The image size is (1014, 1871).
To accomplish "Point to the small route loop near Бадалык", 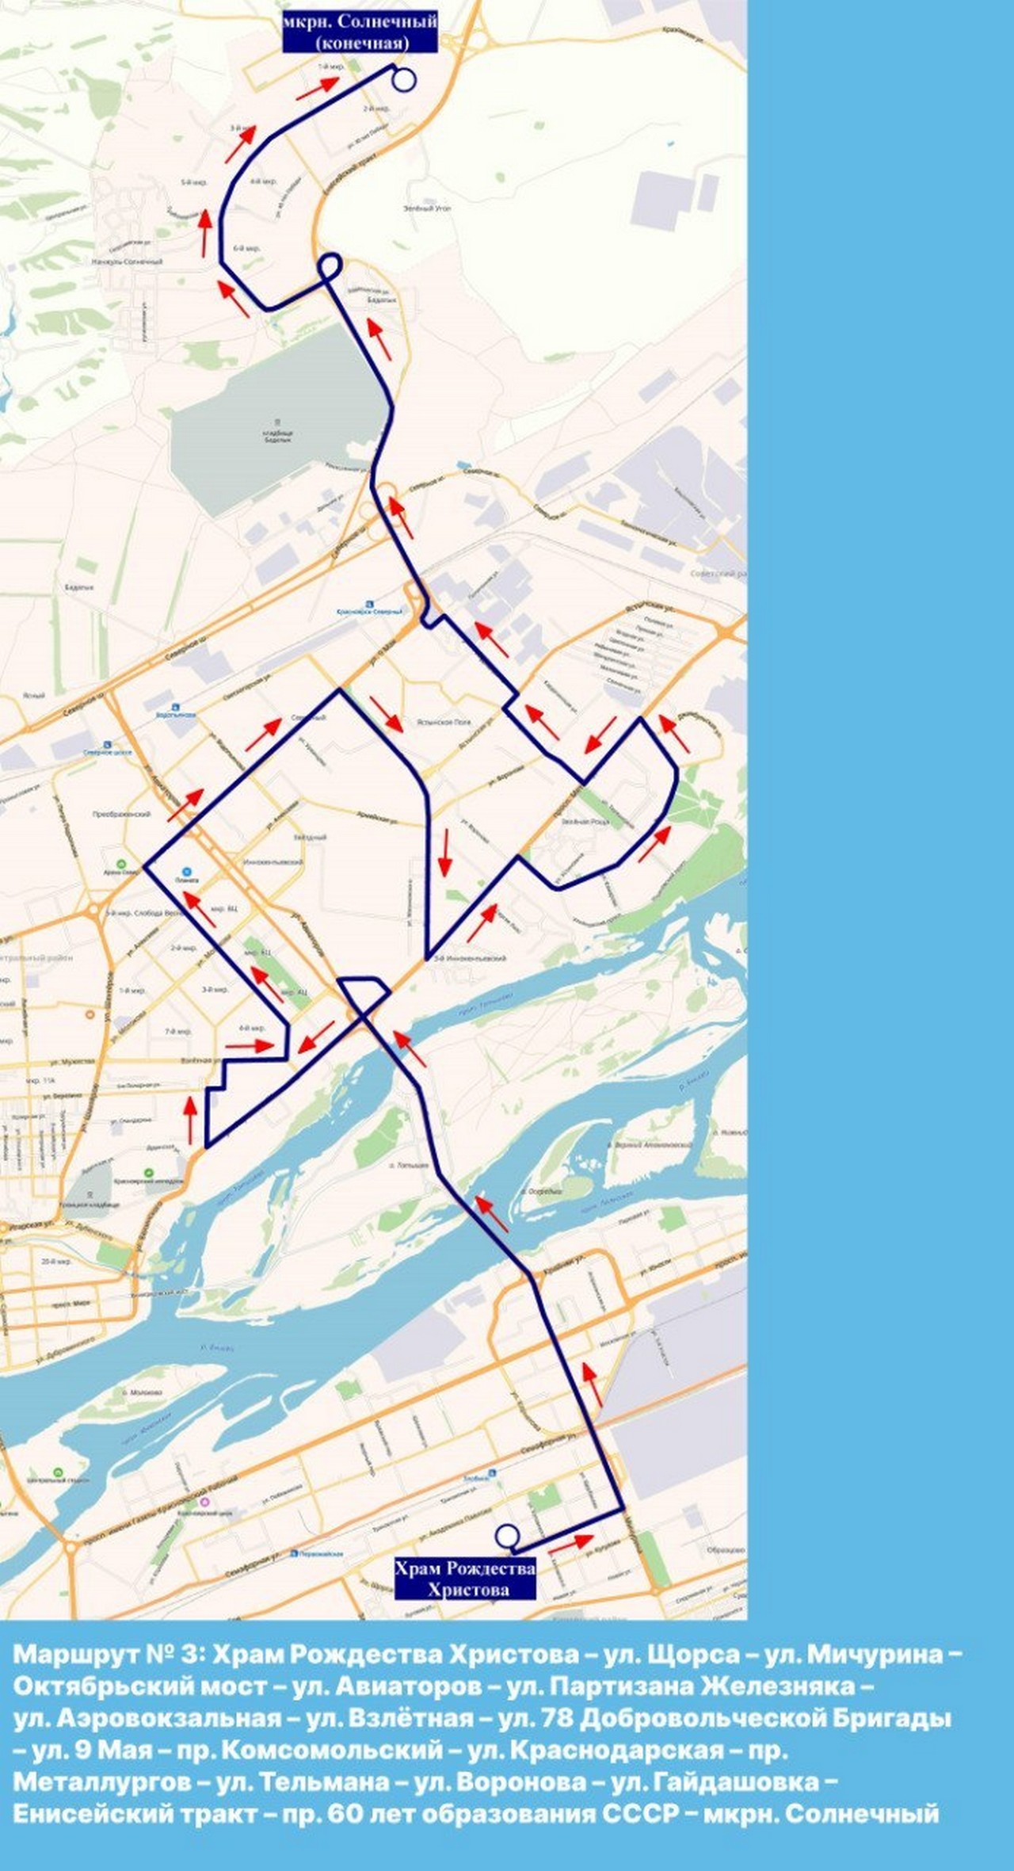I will (x=330, y=265).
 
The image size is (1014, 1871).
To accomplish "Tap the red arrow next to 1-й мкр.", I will (x=314, y=89).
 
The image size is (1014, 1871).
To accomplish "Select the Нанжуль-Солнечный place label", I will (x=127, y=262).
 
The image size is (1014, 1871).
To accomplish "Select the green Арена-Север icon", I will (x=120, y=862).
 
